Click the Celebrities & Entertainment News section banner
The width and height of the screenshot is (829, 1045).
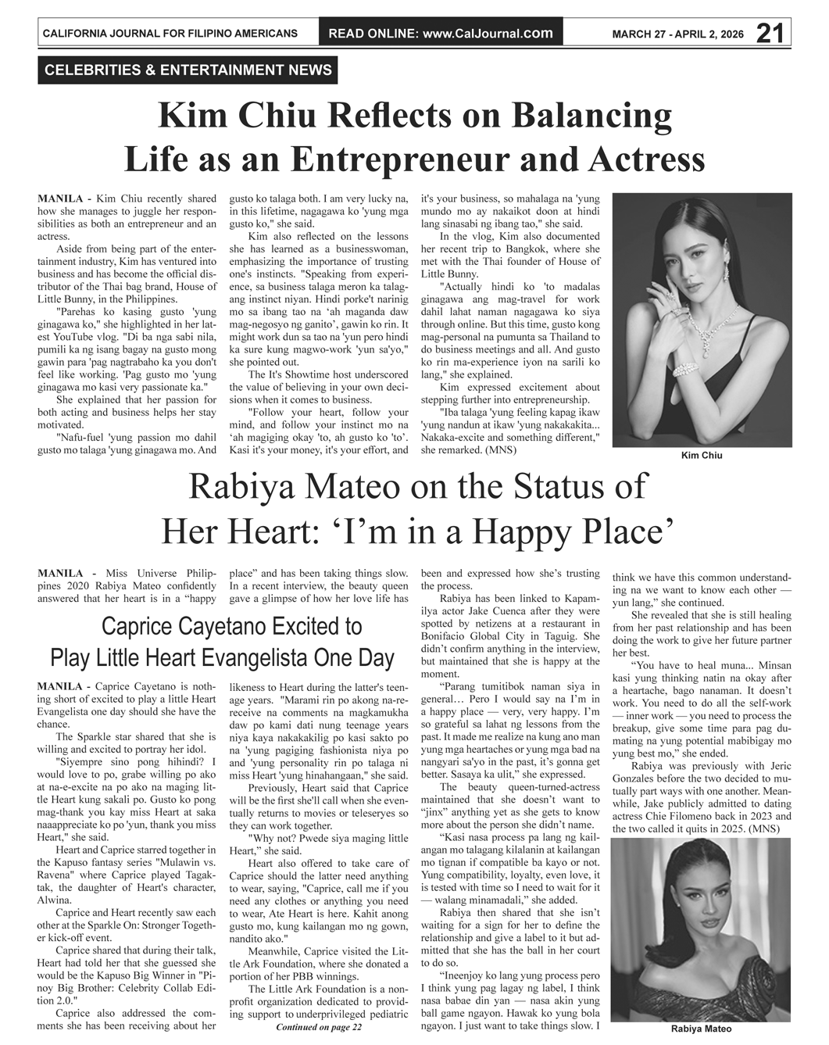point(188,70)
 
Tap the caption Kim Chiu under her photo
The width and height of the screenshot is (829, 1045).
point(701,456)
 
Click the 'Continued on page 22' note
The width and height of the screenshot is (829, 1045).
point(319,1027)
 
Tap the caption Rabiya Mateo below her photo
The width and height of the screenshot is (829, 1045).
point(701,1029)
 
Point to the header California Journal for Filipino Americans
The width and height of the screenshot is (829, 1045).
point(170,34)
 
